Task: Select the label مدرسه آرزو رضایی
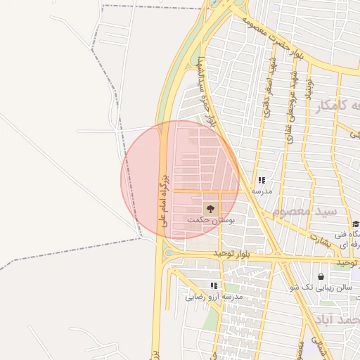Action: pyautogui.click(x=214, y=297)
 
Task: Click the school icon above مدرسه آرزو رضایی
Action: pyautogui.click(x=214, y=285)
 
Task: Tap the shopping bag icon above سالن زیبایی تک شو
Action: pyautogui.click(x=321, y=276)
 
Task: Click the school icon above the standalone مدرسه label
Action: pyautogui.click(x=262, y=181)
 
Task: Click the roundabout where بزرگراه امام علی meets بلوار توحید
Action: pyautogui.click(x=169, y=254)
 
